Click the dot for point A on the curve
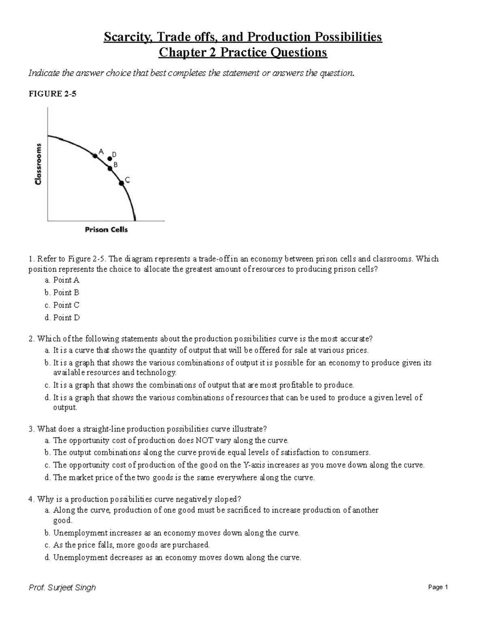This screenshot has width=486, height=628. point(95,155)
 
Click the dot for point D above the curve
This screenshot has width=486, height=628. point(109,159)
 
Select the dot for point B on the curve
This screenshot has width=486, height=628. point(110,168)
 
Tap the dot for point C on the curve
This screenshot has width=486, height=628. point(121,183)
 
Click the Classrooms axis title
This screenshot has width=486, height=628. point(38,164)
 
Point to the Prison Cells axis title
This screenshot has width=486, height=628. point(106,230)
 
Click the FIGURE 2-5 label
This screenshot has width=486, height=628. point(52,94)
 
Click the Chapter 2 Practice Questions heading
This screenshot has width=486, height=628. point(243,53)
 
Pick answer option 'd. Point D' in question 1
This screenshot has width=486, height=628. point(62,318)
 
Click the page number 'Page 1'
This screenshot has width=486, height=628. point(438,588)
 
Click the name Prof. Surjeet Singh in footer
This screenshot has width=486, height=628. point(62,588)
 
